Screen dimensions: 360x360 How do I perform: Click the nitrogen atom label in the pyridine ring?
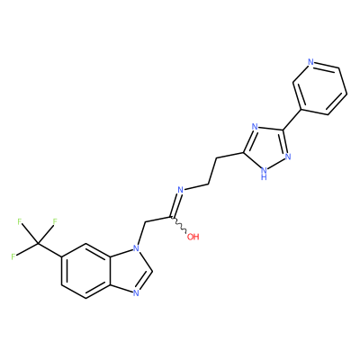(310, 62)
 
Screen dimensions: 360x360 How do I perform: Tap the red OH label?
(193, 237)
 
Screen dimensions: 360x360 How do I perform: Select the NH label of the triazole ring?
(264, 174)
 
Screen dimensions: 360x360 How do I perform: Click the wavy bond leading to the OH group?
(179, 224)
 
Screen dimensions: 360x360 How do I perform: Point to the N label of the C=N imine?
(180, 190)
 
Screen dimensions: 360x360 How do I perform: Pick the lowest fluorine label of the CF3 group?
(13, 256)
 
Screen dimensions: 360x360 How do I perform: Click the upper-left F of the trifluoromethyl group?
(20, 222)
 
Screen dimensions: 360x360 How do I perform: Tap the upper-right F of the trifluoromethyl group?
(55, 222)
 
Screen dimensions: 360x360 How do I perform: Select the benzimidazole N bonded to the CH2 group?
(136, 248)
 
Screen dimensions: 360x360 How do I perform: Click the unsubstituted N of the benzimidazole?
(136, 292)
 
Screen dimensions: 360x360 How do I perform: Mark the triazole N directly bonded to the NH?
(288, 157)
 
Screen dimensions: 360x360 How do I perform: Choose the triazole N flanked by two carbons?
(255, 127)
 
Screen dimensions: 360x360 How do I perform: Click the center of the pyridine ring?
(320, 88)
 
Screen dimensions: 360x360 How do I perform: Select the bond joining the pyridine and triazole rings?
(292, 120)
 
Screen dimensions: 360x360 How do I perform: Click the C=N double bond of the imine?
(175, 205)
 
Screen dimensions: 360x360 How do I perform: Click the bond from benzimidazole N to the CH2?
(140, 234)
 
